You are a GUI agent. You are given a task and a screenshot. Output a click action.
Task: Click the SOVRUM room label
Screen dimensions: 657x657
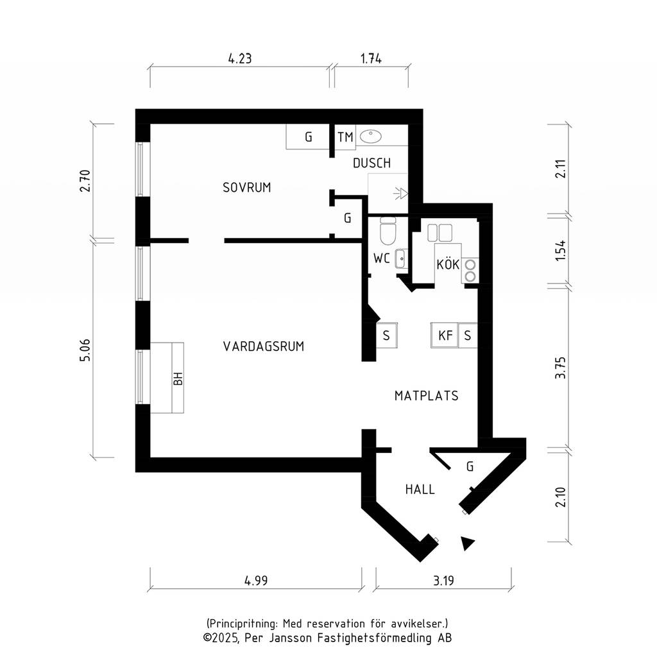tap(247, 187)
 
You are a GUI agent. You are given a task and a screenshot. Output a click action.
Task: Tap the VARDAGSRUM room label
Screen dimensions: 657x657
tap(264, 346)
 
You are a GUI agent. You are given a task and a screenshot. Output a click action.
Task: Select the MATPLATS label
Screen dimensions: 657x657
tap(427, 396)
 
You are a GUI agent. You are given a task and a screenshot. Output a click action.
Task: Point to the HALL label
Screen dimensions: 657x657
tap(420, 490)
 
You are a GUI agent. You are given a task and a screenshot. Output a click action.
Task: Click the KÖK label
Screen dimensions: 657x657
tap(448, 264)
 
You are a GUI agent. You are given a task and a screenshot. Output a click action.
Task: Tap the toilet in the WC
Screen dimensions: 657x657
tap(388, 231)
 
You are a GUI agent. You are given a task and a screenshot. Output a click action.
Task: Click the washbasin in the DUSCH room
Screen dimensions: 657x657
tap(370, 136)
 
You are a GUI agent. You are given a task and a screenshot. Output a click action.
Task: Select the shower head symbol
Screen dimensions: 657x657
tap(400, 193)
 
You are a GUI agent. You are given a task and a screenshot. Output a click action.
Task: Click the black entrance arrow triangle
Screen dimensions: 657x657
tap(467, 543)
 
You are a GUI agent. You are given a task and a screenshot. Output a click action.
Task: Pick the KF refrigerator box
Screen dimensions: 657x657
tap(445, 335)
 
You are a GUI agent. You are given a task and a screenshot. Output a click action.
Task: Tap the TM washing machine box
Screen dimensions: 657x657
tap(345, 137)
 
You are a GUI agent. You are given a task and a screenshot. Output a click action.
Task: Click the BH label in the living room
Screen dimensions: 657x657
tap(178, 379)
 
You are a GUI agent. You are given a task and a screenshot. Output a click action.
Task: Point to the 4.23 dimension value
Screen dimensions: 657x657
tap(240, 58)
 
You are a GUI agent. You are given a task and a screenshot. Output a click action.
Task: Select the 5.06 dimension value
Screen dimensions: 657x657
tap(85, 350)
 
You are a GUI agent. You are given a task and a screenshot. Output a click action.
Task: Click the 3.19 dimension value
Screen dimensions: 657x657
tap(443, 581)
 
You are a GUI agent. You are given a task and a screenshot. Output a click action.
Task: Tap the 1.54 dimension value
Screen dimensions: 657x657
tap(560, 251)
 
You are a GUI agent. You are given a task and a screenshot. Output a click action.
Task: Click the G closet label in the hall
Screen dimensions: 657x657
tap(470, 466)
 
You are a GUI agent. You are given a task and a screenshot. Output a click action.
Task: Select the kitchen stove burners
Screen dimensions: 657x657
tap(470, 270)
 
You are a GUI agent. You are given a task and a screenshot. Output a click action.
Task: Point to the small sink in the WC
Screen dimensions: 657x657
tap(401, 259)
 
